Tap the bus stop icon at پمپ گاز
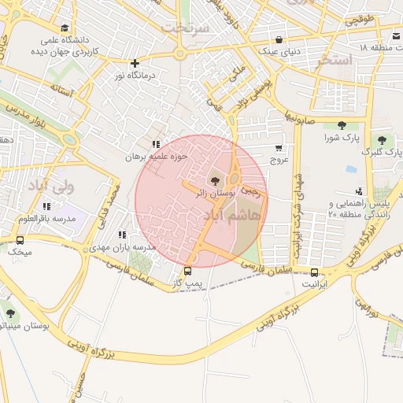tap(187, 271)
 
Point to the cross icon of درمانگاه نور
tap(135, 63)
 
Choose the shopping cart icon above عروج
tap(279, 147)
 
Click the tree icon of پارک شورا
tap(341, 125)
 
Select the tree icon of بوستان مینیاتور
tap(9, 313)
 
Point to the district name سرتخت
tap(184, 28)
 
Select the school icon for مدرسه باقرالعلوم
tap(48, 206)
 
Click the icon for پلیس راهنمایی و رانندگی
tap(360, 191)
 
